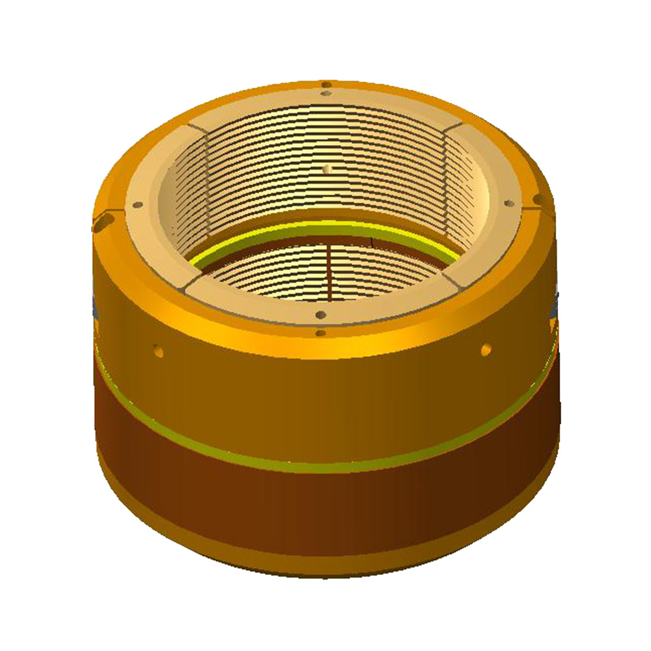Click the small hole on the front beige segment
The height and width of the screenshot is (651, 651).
click(x=320, y=315)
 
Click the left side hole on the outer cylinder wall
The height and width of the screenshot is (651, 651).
click(x=158, y=351)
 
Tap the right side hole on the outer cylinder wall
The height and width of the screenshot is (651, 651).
click(x=486, y=350)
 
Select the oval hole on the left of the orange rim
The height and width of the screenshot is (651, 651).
click(x=102, y=225)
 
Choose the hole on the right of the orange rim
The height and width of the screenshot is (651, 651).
click(x=538, y=198)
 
